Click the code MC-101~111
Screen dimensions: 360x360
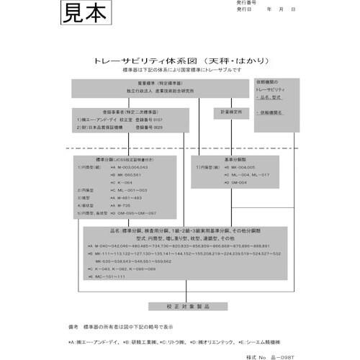[x=109, y=276]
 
